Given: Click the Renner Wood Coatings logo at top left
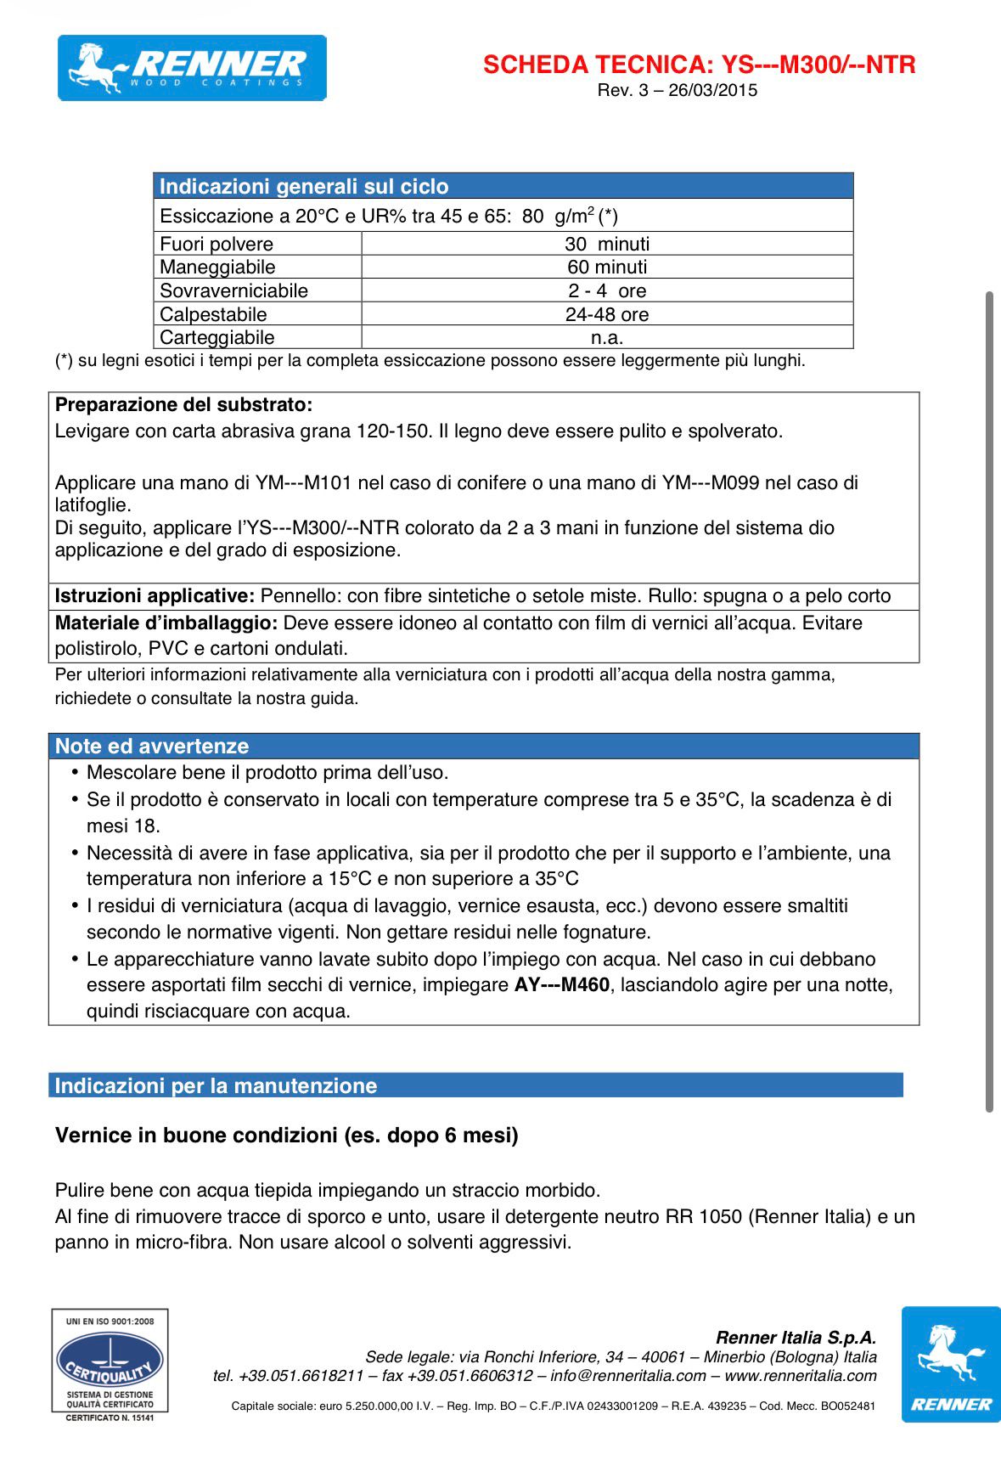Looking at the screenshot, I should pos(192,68).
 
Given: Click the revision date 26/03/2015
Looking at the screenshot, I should pos(712,91).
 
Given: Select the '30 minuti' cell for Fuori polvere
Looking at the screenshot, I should pos(606,244).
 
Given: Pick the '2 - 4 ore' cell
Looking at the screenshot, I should pos(606,290).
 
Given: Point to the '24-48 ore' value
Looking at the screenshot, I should pos(606,314).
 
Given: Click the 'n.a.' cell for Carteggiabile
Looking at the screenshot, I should pos(606,337).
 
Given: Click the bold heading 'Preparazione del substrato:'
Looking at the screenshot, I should pos(183,405).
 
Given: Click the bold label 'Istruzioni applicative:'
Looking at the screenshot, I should pos(155,596).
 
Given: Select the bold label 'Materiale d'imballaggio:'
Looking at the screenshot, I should pos(166,623).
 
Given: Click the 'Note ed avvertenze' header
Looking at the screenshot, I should pos(152,747).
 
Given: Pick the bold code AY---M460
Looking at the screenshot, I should pos(562,985).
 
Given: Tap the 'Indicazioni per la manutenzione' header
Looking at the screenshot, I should pos(216,1086).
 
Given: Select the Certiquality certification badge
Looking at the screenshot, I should pos(110,1365).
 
